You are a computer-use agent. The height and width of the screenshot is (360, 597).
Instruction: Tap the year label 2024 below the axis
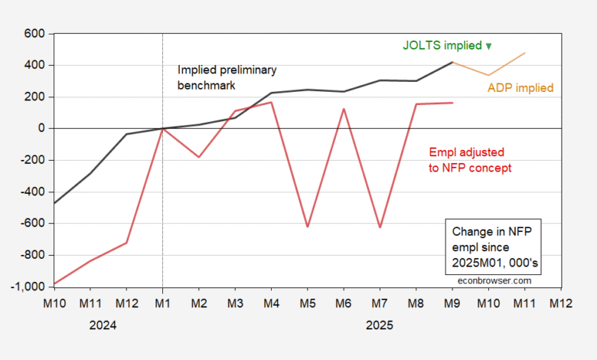tap(103, 325)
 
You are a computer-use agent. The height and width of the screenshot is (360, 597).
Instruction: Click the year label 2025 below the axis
tap(380, 325)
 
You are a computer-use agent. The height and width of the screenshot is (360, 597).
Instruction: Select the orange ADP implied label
tap(520, 88)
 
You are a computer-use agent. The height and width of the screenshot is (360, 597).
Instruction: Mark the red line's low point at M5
tap(308, 227)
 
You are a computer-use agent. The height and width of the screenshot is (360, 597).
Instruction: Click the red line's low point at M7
tap(380, 227)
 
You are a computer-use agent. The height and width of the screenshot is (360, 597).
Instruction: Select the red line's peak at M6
tap(344, 109)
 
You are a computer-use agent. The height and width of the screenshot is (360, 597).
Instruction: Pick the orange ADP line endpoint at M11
tap(525, 53)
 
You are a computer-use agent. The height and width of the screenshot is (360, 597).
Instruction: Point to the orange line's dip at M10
tap(489, 75)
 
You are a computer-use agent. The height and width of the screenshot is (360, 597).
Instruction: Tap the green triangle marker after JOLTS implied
tap(489, 46)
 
